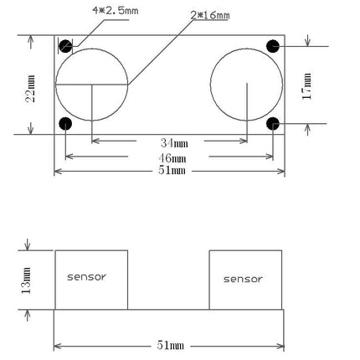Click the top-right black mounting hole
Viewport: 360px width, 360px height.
point(272,45)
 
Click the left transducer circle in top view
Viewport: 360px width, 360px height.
point(92,85)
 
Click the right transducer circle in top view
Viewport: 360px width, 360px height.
point(245,85)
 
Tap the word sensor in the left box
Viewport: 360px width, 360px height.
point(87,275)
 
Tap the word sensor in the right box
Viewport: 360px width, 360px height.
point(243,280)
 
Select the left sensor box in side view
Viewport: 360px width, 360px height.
point(91,293)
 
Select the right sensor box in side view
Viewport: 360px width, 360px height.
point(244,297)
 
